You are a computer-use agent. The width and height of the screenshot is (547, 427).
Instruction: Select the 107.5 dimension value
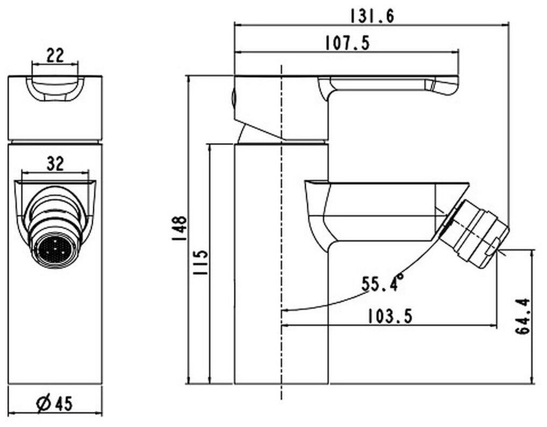(348, 43)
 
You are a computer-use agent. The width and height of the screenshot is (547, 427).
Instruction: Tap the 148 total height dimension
(180, 229)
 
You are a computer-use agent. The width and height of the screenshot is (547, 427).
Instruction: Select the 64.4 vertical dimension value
(523, 316)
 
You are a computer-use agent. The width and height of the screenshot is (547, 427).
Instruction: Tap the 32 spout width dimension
(55, 164)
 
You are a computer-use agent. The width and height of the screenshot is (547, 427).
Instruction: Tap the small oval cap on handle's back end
(234, 98)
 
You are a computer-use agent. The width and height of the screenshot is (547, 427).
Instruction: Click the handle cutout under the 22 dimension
(55, 89)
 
